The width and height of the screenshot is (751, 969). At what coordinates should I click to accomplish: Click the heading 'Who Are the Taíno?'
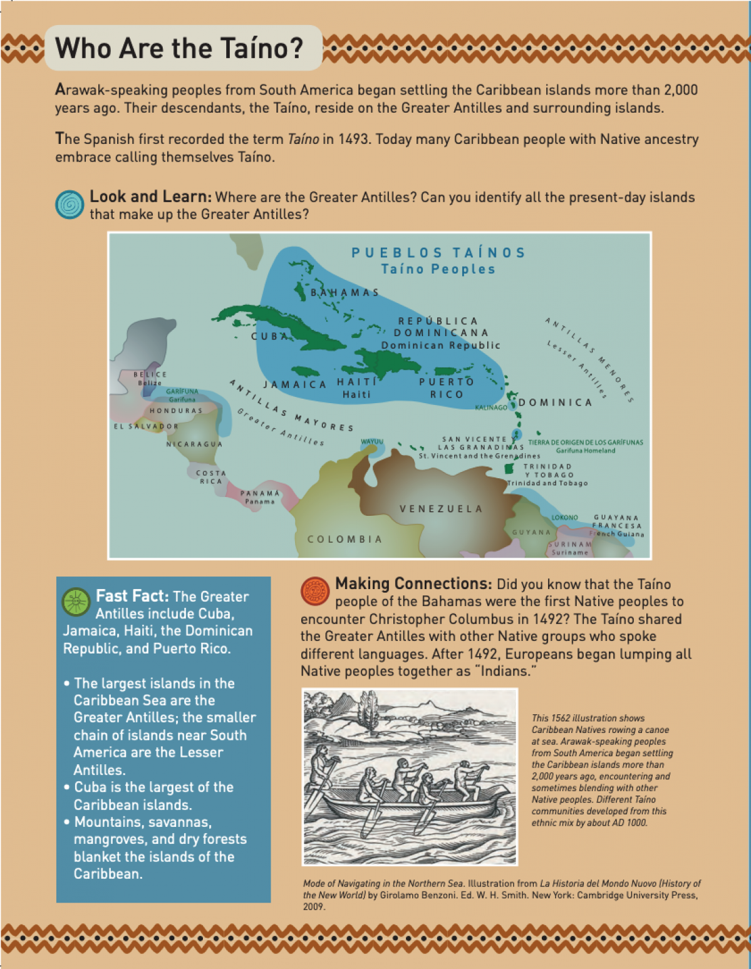(179, 48)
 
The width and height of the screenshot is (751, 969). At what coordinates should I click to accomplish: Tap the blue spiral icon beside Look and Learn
(70, 205)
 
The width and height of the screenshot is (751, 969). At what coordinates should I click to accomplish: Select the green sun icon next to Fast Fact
(76, 602)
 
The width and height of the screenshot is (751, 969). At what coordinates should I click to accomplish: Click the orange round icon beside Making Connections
(315, 591)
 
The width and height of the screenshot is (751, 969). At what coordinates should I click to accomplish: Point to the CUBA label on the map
(269, 337)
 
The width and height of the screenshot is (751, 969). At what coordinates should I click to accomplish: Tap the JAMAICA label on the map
(294, 384)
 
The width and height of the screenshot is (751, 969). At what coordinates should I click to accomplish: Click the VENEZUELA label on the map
(441, 509)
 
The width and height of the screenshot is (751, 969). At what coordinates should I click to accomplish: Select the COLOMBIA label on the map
(344, 539)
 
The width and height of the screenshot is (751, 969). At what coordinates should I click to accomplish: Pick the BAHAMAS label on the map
(345, 292)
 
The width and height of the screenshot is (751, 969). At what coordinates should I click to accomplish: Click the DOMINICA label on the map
(555, 402)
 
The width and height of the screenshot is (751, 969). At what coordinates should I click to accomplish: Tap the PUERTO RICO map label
(447, 388)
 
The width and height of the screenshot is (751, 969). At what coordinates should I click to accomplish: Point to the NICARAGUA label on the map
(194, 444)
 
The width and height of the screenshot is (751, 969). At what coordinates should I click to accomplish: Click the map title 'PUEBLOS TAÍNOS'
(438, 253)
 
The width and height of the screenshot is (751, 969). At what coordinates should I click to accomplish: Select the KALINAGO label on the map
(491, 408)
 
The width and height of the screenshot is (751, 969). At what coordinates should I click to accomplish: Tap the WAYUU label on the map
(371, 442)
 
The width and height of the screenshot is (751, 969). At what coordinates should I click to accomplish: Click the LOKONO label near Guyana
(564, 518)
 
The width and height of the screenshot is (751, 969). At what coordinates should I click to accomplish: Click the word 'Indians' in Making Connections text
(502, 671)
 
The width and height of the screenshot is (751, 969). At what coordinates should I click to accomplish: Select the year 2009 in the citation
(313, 906)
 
